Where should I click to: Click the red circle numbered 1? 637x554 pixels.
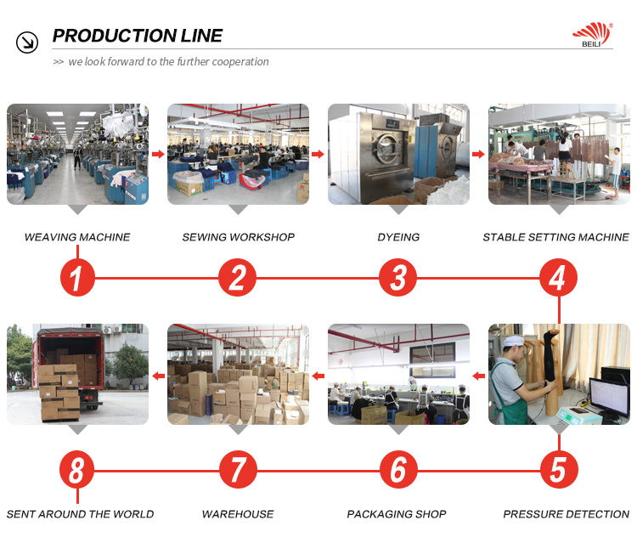77,278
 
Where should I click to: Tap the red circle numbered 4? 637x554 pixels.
557,278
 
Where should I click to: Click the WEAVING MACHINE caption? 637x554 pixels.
77,237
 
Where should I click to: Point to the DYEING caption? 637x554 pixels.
398,237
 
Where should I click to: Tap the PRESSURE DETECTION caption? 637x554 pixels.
566,514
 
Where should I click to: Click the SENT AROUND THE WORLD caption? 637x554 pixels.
80,514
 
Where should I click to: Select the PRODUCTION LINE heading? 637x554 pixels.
138,36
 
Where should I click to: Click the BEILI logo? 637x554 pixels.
591,35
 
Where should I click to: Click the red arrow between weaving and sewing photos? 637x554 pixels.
157,154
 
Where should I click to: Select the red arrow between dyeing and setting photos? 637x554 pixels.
478,154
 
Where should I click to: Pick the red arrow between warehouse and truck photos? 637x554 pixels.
157,375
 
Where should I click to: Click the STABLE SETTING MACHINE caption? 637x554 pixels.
555,237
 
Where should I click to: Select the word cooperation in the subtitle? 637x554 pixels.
240,62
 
